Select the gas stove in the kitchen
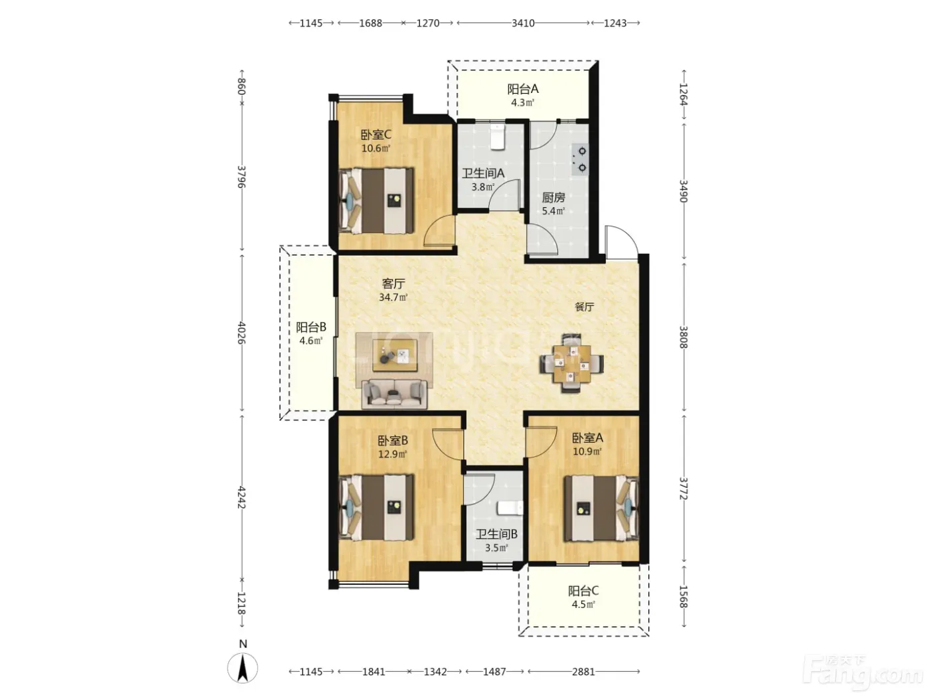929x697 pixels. click(579, 159)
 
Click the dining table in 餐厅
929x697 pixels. click(572, 364)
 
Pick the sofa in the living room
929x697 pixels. click(394, 394)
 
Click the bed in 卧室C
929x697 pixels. click(377, 200)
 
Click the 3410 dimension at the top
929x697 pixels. click(523, 23)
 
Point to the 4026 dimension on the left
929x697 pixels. click(242, 333)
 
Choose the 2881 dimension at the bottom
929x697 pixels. click(583, 672)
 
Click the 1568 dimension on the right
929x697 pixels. click(683, 597)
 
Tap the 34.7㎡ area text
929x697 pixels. click(393, 297)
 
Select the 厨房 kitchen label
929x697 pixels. click(553, 197)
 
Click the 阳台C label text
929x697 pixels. click(583, 591)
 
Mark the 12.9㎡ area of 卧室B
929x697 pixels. click(392, 455)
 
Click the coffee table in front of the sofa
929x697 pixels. click(394, 356)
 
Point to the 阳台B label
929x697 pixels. click(311, 327)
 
